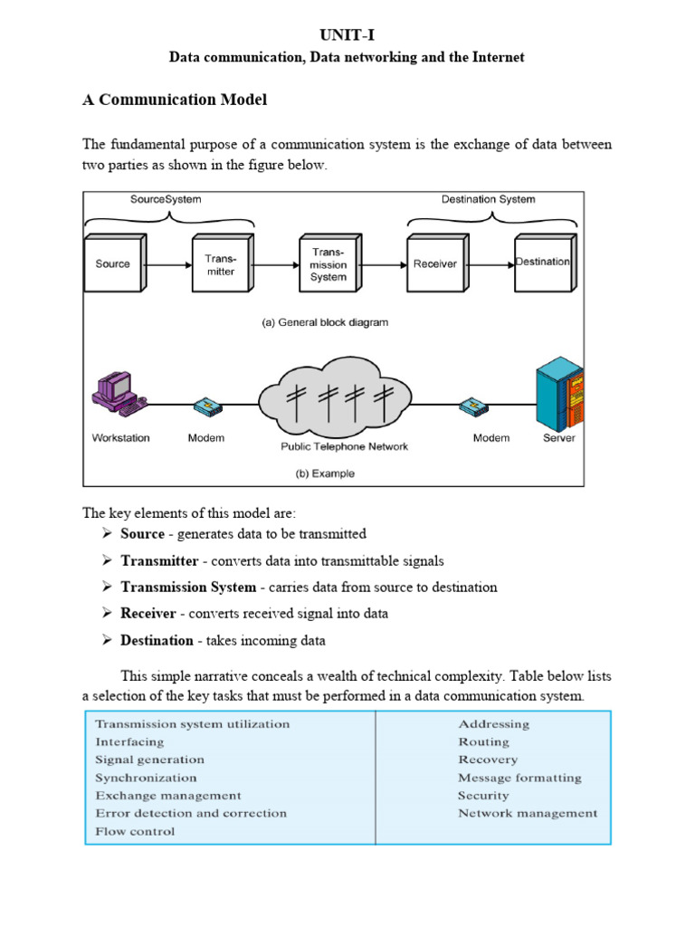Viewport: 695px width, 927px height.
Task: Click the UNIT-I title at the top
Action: tap(347, 34)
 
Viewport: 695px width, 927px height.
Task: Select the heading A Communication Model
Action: tap(175, 100)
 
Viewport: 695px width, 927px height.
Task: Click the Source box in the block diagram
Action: tap(112, 264)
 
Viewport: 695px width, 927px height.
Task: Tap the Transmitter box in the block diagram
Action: tap(220, 264)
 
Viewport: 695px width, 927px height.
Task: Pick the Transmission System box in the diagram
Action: tap(328, 263)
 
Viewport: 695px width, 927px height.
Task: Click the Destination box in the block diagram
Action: tap(543, 263)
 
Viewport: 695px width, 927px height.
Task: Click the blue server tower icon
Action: tap(558, 394)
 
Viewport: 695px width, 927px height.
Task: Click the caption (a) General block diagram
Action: tap(325, 322)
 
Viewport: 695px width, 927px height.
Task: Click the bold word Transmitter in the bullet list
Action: tap(159, 560)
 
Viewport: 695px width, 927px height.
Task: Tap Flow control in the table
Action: tap(136, 831)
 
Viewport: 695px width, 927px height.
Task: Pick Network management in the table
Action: tap(528, 813)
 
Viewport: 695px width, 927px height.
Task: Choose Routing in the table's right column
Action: tap(483, 741)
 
